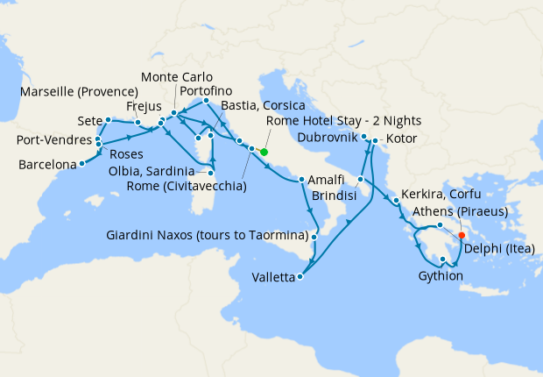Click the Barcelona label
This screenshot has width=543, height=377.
tap(46, 163)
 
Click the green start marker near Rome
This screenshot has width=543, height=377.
tap(264, 151)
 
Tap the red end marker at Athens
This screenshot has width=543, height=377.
tap(462, 235)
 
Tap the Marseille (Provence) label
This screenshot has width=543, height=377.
tap(81, 92)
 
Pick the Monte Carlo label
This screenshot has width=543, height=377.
tap(176, 77)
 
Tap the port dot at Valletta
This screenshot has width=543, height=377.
tap(300, 277)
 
